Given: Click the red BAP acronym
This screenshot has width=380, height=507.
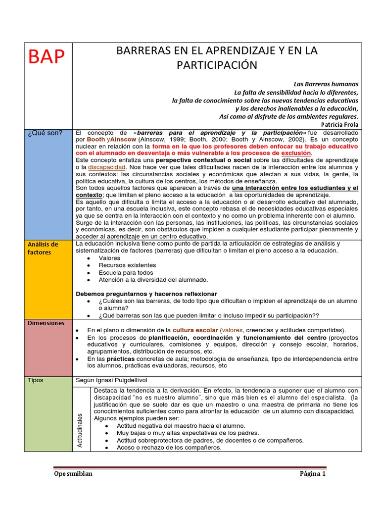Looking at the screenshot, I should [47, 57].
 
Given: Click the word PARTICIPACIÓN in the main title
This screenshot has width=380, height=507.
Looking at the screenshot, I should [217, 65].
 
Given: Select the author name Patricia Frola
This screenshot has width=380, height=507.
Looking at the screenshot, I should [339, 124].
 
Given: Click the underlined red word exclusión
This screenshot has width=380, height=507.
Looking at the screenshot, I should [297, 153].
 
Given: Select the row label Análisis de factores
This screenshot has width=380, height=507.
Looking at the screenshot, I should [43, 249].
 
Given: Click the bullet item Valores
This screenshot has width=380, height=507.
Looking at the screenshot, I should [109, 258].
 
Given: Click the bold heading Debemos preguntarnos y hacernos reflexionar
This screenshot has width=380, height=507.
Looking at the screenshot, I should [146, 294].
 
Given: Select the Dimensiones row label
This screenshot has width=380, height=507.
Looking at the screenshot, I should [46, 323].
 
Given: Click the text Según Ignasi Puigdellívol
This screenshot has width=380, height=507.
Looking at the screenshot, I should [116, 380].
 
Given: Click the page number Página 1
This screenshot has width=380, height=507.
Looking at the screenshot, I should [313, 474].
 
